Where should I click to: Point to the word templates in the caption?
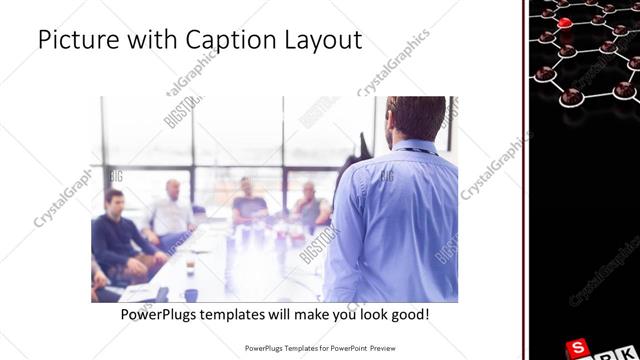tap(248, 315)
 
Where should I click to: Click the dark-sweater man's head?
tap(114, 201)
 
